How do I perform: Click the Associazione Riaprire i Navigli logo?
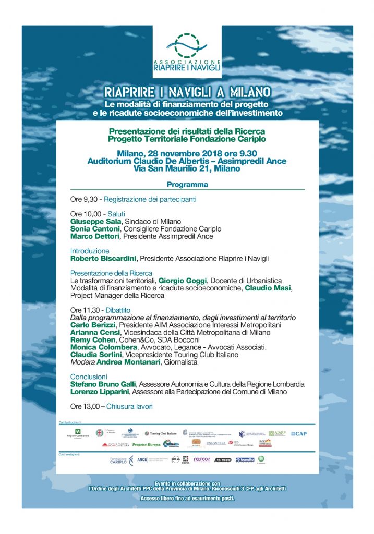[x=187, y=52]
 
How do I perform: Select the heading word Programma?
[x=187, y=185]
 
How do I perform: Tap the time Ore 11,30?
[x=83, y=310]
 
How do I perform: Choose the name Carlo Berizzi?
[x=91, y=325]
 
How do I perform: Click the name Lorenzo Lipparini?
[x=99, y=391]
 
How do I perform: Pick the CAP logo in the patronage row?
[x=298, y=433]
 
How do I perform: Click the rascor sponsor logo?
[x=201, y=459]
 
